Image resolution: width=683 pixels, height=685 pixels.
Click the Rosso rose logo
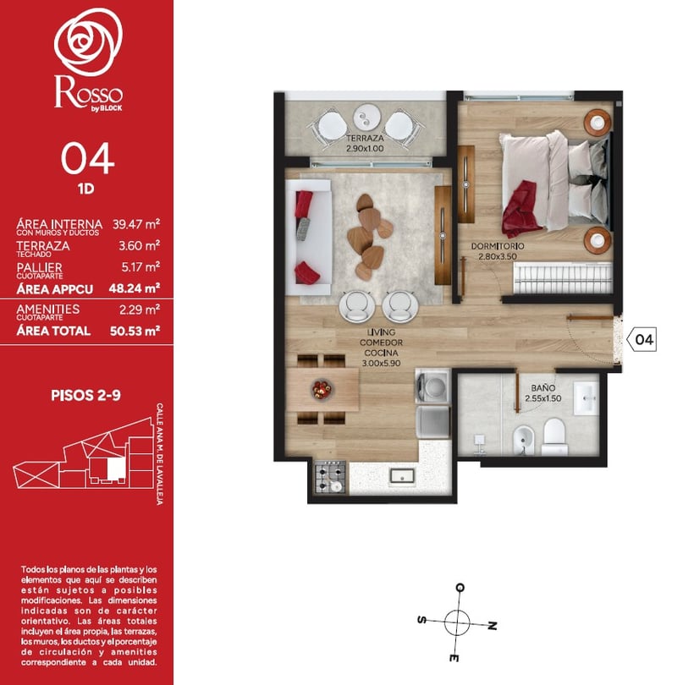click(x=88, y=41)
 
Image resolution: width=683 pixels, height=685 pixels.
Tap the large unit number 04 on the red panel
click(x=87, y=159)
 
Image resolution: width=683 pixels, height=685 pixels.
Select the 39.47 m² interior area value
click(x=136, y=224)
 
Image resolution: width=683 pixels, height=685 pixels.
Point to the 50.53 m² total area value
click(x=135, y=331)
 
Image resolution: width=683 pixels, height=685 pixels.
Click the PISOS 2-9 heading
click(x=85, y=396)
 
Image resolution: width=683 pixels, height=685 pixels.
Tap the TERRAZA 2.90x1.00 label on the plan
click(x=365, y=143)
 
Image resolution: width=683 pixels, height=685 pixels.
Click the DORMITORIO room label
click(x=498, y=246)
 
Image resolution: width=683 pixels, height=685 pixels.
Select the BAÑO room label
click(x=543, y=388)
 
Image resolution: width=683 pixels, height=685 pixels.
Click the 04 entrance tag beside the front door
click(x=642, y=339)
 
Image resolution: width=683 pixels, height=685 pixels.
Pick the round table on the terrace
click(x=367, y=117)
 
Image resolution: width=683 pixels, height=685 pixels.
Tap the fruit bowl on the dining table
click(x=322, y=389)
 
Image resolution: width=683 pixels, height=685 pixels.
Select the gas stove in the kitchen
click(x=331, y=478)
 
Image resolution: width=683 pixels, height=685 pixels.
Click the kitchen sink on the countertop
click(x=403, y=476)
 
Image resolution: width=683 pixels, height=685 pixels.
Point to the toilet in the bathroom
click(x=554, y=437)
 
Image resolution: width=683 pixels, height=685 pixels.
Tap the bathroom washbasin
click(x=586, y=397)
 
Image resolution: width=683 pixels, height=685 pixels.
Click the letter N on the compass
click(x=493, y=626)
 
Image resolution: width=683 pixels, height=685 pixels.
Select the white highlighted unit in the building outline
click(x=116, y=469)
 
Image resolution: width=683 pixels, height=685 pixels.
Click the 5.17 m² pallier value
click(x=140, y=267)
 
